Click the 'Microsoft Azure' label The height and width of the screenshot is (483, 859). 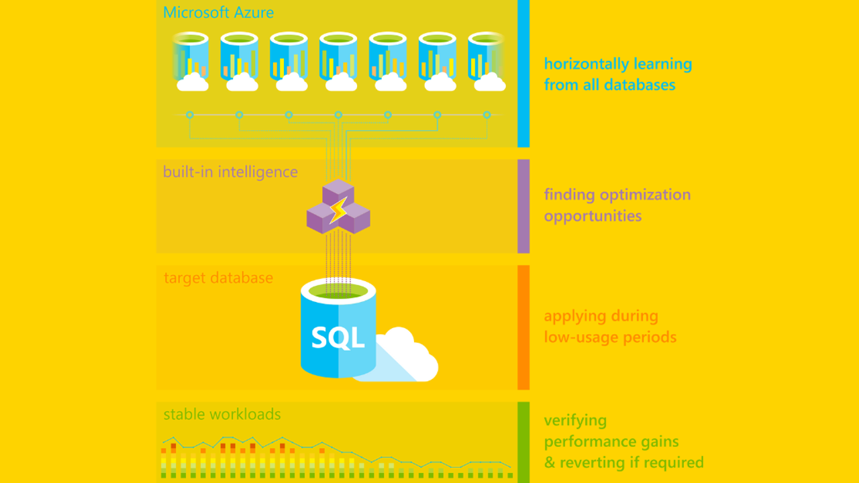pyautogui.click(x=218, y=13)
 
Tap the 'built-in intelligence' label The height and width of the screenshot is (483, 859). pyautogui.click(x=230, y=172)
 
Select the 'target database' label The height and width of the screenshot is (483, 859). pyautogui.click(x=218, y=278)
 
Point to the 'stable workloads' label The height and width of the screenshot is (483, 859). pyautogui.click(x=222, y=414)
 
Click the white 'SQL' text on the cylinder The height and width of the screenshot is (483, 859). pyautogui.click(x=338, y=337)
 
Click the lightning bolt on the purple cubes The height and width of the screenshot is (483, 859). pyautogui.click(x=338, y=210)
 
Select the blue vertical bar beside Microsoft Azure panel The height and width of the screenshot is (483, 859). pyautogui.click(x=523, y=74)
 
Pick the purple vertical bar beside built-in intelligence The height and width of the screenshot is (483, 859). pyautogui.click(x=523, y=206)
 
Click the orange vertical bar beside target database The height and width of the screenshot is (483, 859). pyautogui.click(x=523, y=327)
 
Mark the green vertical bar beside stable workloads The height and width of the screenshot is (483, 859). pyautogui.click(x=523, y=442)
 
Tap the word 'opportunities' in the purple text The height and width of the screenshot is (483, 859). pyautogui.click(x=593, y=216)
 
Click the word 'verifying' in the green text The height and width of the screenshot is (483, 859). pyautogui.click(x=575, y=421)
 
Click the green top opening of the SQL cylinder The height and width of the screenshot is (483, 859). pyautogui.click(x=338, y=290)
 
